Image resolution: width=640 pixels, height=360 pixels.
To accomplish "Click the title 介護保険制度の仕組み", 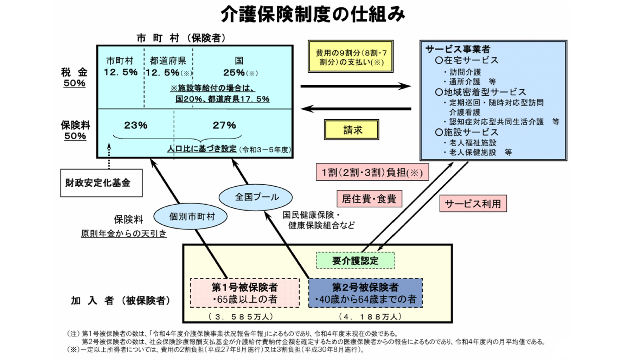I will pos(313,15).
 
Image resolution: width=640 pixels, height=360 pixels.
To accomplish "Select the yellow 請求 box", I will pos(351,130).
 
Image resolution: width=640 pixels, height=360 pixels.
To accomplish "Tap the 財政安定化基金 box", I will pos(101,183).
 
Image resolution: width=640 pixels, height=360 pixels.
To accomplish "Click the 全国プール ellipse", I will pos(256,197).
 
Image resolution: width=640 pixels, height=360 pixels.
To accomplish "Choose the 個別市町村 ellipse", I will pos(191,216).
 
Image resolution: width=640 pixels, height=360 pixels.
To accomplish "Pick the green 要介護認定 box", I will pos(355,261).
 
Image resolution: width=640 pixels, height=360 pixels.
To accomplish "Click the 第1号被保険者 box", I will pos(245,293).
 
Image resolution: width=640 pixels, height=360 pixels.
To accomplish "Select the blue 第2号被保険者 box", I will pos(365,293).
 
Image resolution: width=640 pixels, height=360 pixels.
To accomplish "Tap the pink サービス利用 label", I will pos(473,204).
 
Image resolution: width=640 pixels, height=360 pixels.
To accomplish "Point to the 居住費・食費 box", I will pos(369,199).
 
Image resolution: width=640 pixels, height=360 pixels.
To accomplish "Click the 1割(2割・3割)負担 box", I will pos(372,172).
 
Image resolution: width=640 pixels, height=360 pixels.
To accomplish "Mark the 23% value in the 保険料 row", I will pos(136,125).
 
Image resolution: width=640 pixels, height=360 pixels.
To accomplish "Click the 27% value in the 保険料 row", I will pos(224,125).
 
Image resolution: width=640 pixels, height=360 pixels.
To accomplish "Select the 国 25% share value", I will pos(234,72).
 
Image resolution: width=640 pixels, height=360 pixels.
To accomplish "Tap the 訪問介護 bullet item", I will pos(465,72).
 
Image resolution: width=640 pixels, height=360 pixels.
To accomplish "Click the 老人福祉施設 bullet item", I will pos(473,143).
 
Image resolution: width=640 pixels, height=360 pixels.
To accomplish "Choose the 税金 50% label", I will pos(74,78).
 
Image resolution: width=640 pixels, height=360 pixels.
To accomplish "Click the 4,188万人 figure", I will pos(370,316).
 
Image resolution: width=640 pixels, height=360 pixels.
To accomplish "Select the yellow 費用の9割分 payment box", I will pos(351,57).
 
